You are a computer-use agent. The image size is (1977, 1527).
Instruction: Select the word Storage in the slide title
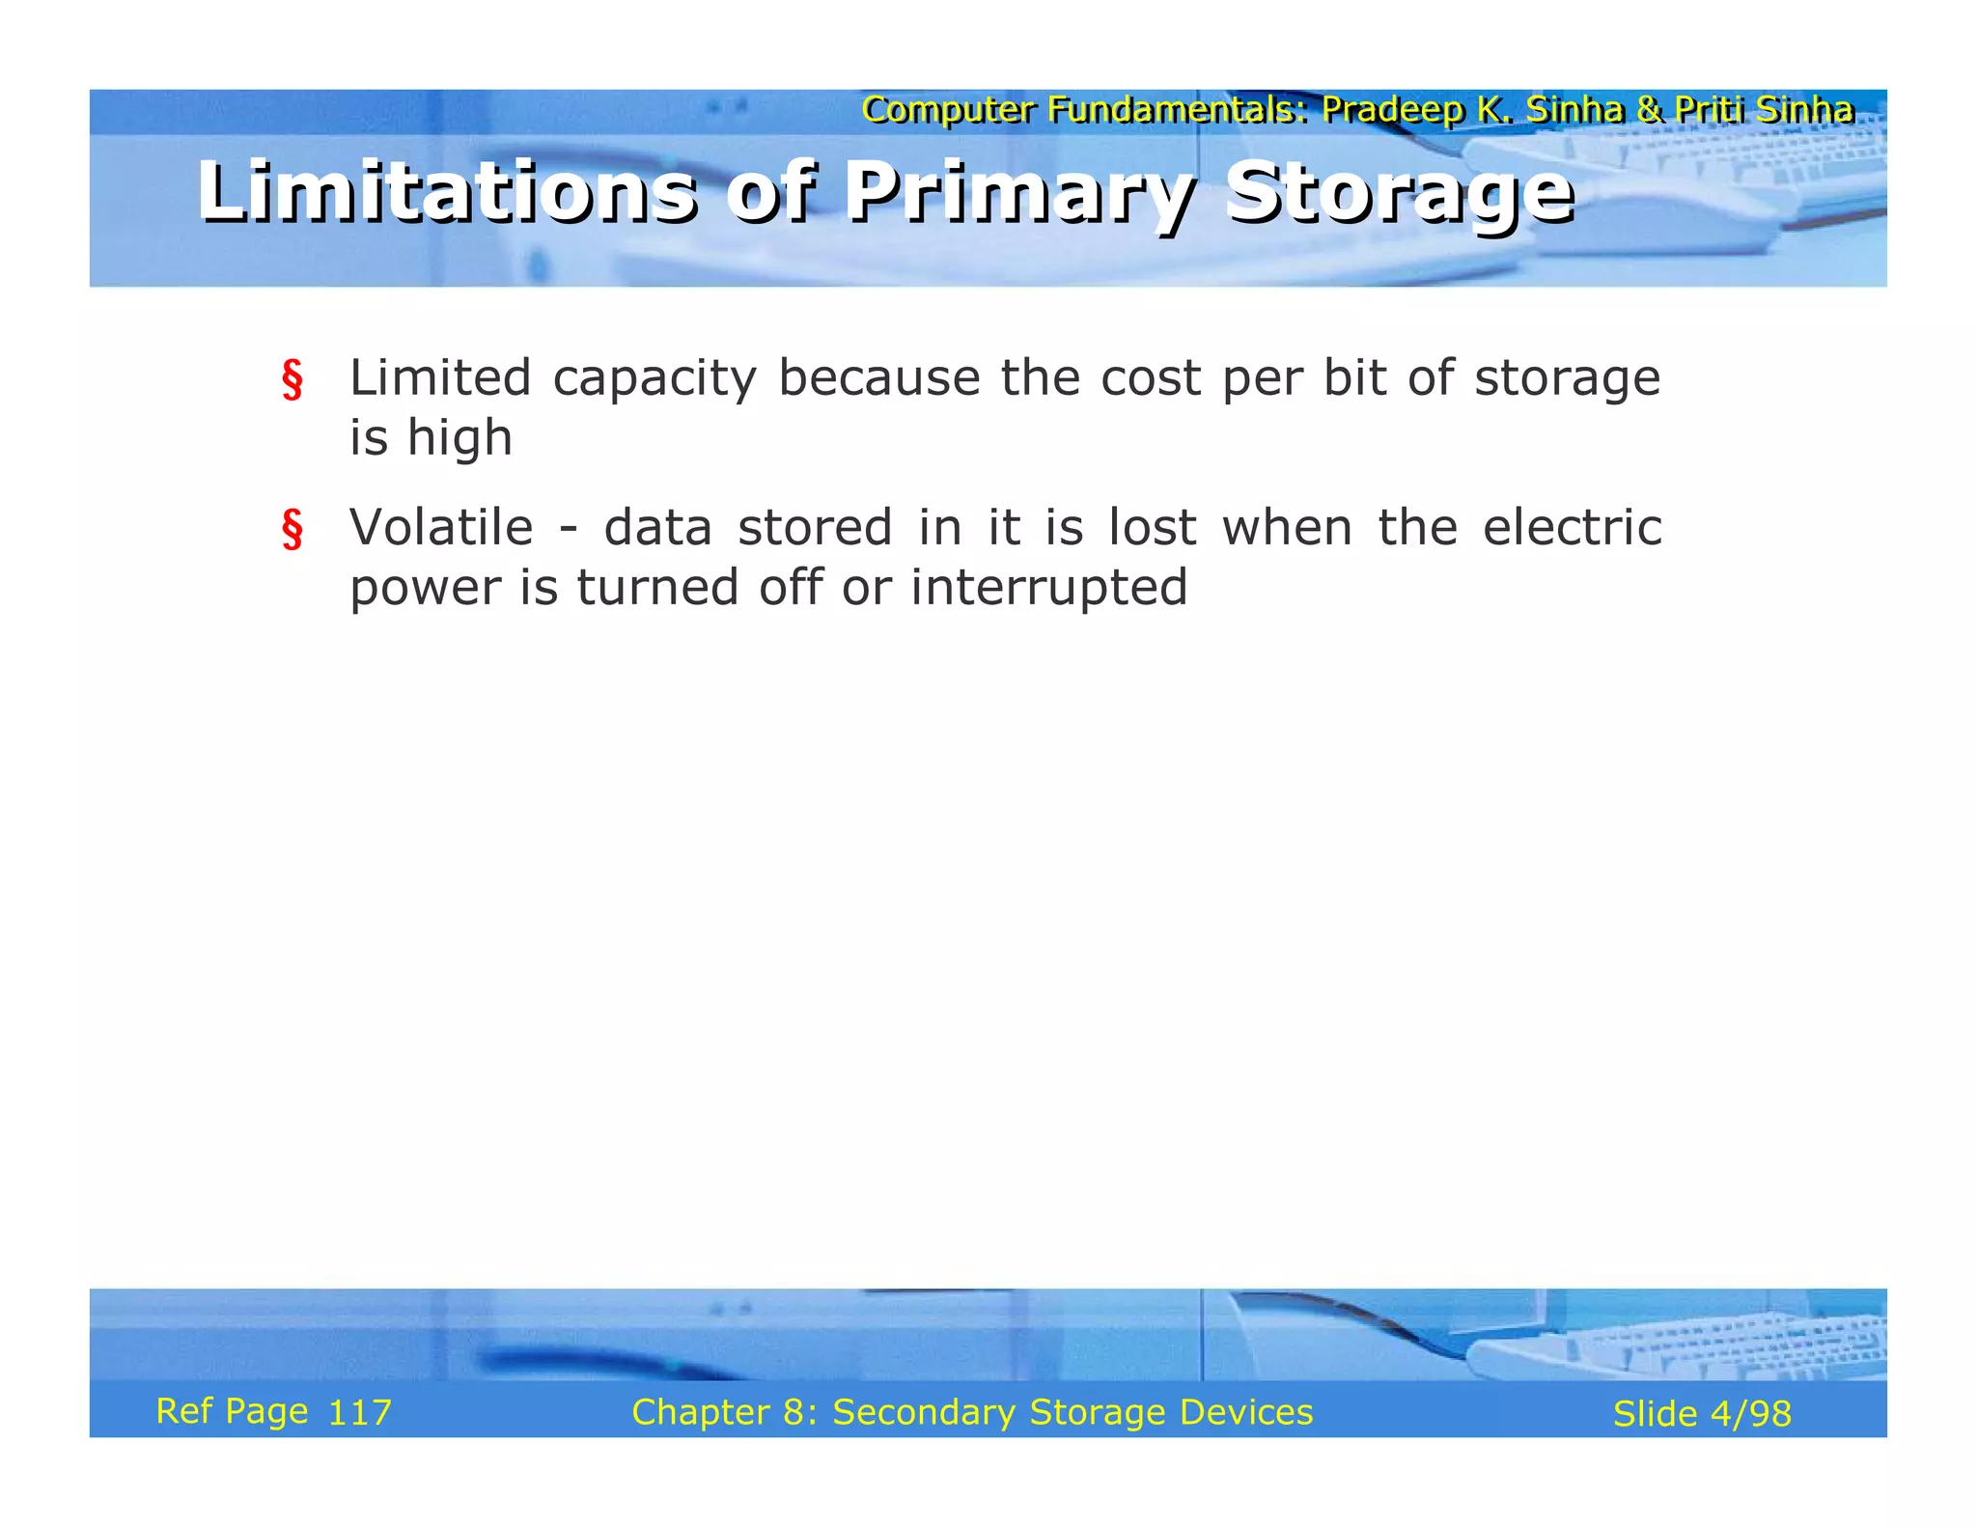[x=1399, y=192]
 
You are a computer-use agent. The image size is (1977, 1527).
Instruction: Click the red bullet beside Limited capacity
[x=292, y=379]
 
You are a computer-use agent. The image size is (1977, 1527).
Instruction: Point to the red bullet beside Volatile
[x=292, y=529]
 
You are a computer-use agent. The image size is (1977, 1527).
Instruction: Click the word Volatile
[x=441, y=527]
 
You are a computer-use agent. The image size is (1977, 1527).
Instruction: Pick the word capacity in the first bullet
[x=654, y=378]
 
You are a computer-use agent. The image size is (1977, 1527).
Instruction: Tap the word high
[x=459, y=438]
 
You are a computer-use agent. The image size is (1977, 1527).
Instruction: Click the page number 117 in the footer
[x=359, y=1413]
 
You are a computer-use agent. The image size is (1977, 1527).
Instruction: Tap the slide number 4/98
[x=1750, y=1414]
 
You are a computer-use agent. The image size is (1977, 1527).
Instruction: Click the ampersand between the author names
[x=1651, y=110]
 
